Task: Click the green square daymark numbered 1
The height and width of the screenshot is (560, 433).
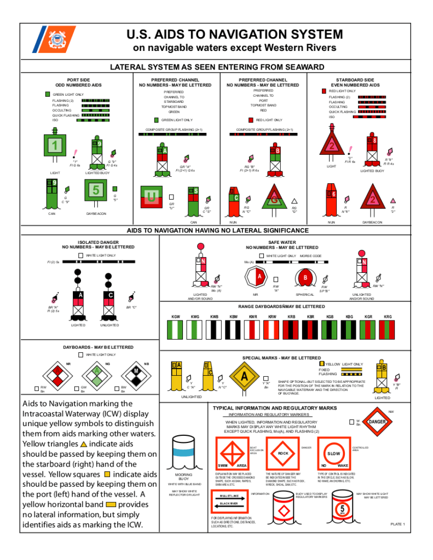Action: [x=54, y=145]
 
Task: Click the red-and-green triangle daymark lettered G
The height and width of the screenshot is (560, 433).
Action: [x=274, y=201]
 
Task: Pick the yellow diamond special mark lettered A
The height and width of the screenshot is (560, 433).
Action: [x=244, y=377]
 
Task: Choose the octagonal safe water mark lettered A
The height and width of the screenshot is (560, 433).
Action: [x=259, y=277]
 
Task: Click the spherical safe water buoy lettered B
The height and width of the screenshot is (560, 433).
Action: [x=305, y=277]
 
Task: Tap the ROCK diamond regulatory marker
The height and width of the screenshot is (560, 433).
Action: [x=282, y=453]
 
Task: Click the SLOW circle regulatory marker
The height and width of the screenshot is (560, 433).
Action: [x=333, y=453]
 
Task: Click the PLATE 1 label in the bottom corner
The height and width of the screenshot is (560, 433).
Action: [x=397, y=524]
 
